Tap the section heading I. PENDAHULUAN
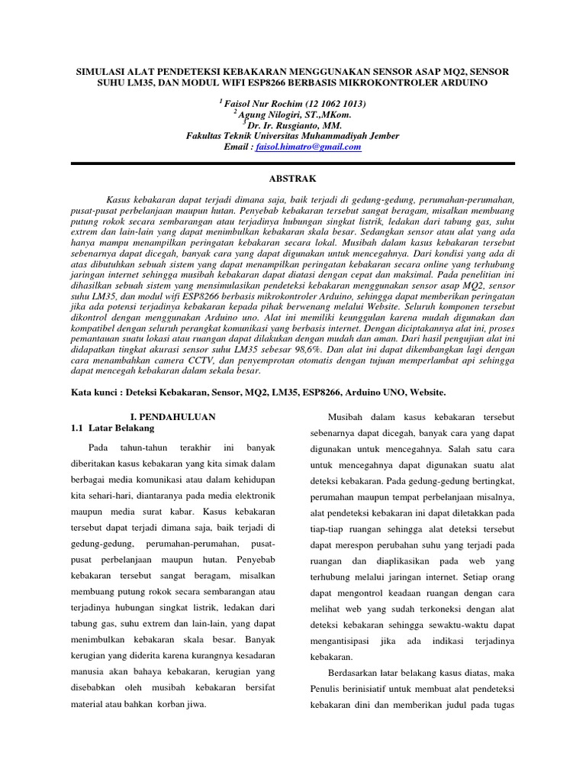pyautogui.click(x=172, y=417)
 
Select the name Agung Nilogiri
pyautogui.click(x=269, y=114)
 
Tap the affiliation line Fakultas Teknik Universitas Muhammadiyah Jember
pyautogui.click(x=292, y=136)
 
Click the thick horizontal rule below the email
pyautogui.click(x=292, y=163)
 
